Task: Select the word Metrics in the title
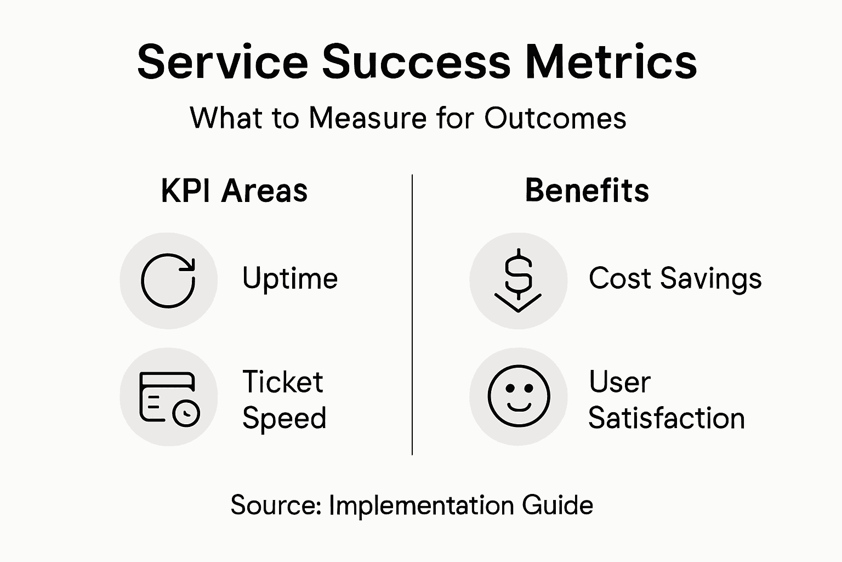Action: pyautogui.click(x=611, y=61)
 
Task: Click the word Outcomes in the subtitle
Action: pyautogui.click(x=555, y=118)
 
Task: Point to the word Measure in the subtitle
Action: pyautogui.click(x=368, y=118)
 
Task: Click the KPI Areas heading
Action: pyautogui.click(x=234, y=191)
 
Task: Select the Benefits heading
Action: pyautogui.click(x=587, y=191)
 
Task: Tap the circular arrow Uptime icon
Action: pyautogui.click(x=168, y=280)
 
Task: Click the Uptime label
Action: pyautogui.click(x=290, y=278)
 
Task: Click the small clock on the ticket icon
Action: pyautogui.click(x=186, y=413)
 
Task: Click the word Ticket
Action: pyautogui.click(x=283, y=382)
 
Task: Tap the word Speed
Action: pyautogui.click(x=285, y=418)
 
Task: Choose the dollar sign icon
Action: pyautogui.click(x=518, y=280)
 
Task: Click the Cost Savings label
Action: pyautogui.click(x=675, y=278)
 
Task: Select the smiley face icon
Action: pyautogui.click(x=518, y=396)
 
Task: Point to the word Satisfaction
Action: pyautogui.click(x=667, y=418)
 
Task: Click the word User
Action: pyautogui.click(x=619, y=382)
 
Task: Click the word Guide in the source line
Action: pyautogui.click(x=557, y=505)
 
